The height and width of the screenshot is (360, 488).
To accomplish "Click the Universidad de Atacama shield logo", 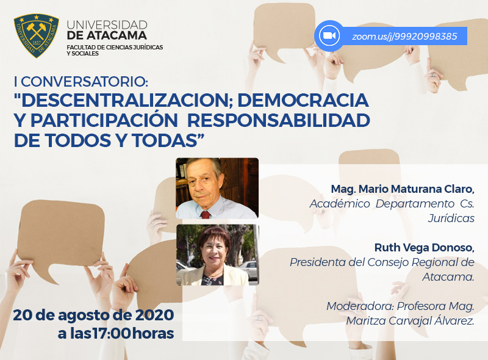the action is [37, 35].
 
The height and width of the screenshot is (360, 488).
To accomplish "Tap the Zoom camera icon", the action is [329, 35].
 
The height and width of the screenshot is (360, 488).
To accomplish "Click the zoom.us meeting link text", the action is [404, 37].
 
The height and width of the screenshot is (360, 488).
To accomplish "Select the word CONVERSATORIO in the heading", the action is [84, 82].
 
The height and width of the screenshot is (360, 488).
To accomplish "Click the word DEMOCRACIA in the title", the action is [303, 100].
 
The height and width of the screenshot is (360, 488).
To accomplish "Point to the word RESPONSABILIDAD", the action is [279, 121].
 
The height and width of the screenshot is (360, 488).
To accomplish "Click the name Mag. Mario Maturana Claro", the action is [403, 189].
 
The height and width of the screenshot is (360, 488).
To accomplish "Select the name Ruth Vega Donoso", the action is [424, 248].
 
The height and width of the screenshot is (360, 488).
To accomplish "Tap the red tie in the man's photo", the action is [206, 215].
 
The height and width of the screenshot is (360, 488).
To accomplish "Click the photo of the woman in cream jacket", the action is [218, 254].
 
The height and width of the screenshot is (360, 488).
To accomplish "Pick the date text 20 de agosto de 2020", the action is [93, 315].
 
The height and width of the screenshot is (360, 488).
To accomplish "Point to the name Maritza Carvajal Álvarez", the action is [410, 321].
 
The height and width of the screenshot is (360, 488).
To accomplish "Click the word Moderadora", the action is [360, 306].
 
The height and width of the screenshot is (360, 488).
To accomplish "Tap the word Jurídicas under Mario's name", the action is [451, 218].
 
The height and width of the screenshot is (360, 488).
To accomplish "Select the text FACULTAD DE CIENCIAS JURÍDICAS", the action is [115, 48].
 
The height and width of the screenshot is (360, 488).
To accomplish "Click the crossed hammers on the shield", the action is [36, 31].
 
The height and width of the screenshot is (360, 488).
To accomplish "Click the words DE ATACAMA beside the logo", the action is [107, 35].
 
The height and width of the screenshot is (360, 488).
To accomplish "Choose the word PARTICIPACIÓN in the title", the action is [104, 121].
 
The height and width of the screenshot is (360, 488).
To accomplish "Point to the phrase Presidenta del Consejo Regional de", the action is [382, 262].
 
